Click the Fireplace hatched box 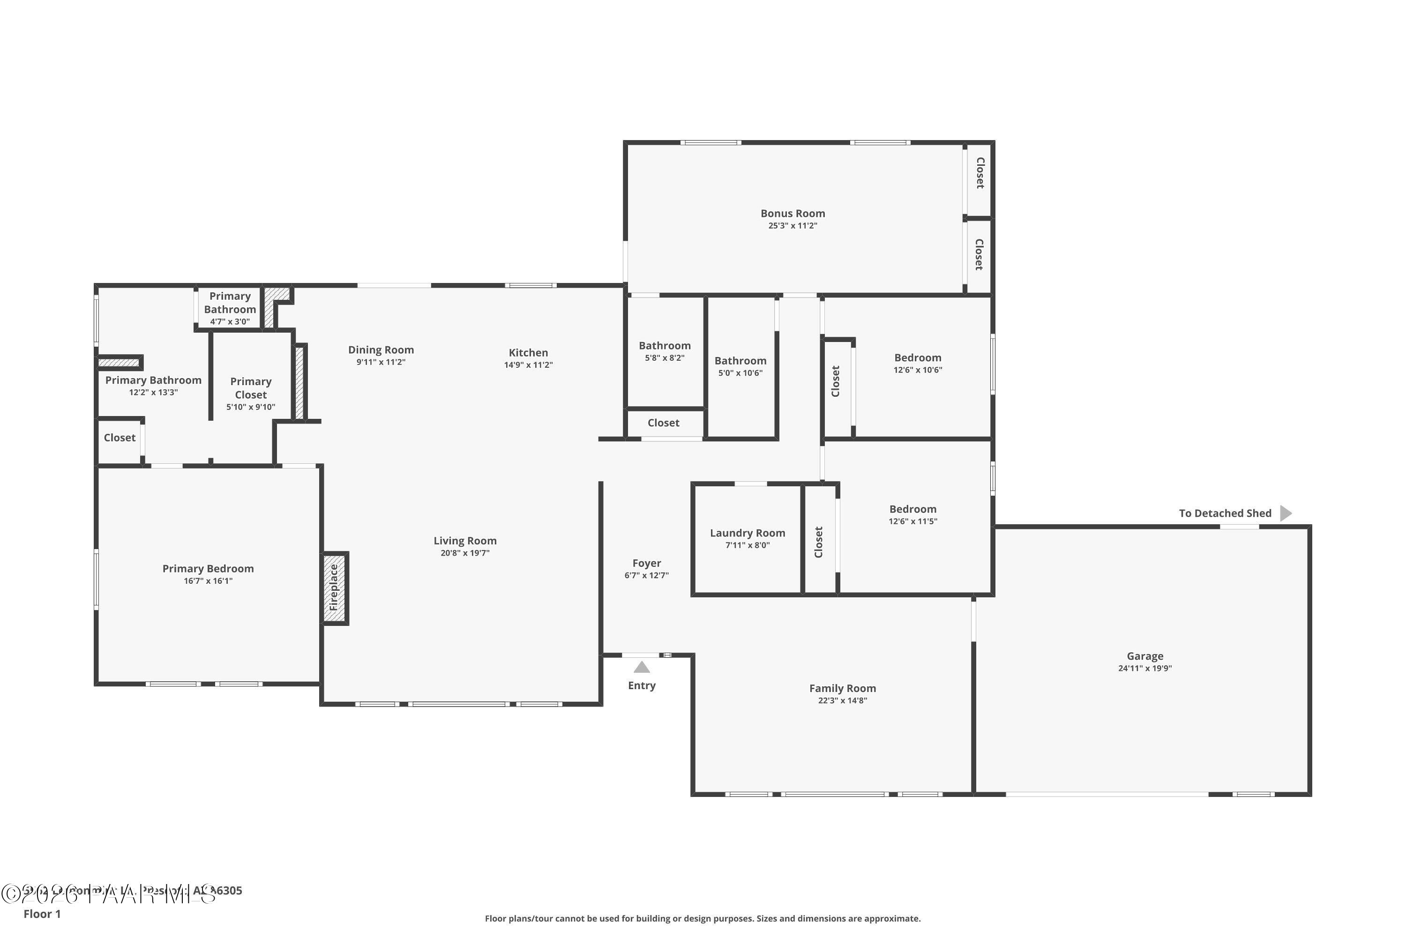click(x=334, y=588)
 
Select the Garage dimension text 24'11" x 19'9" click(x=1145, y=668)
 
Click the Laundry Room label click(x=747, y=533)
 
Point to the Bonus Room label click(x=793, y=213)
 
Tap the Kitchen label click(x=528, y=353)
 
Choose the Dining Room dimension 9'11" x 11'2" click(x=381, y=362)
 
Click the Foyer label click(x=646, y=563)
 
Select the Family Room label click(x=842, y=688)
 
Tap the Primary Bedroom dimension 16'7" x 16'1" click(x=208, y=581)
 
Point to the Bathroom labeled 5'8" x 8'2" click(x=664, y=345)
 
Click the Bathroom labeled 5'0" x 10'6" click(x=740, y=360)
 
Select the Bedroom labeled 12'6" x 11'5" click(x=912, y=509)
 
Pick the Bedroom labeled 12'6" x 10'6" click(x=918, y=357)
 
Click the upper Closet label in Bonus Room click(x=980, y=173)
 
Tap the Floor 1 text click(x=42, y=914)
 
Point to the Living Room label click(x=464, y=541)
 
